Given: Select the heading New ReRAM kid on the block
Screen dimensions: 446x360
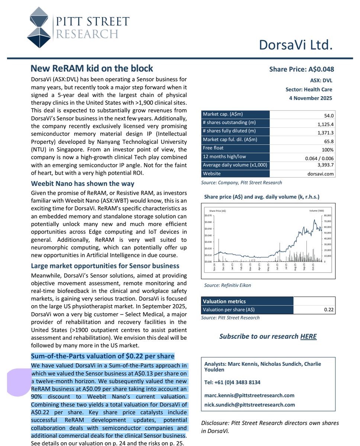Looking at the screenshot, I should tap(91, 69).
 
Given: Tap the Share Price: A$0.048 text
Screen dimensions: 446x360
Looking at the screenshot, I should tap(302, 69).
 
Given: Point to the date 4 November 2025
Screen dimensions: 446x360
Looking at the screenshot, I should tap(311, 98).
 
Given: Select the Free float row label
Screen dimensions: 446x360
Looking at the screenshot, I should tap(213, 148).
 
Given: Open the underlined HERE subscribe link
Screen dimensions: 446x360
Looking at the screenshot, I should tap(308, 336).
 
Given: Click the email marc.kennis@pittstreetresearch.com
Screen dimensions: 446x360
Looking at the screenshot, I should tap(249, 395).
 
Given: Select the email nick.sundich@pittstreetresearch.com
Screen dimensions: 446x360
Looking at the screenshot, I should tap(250, 405).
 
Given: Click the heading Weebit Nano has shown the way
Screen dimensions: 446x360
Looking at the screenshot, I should tap(83, 184).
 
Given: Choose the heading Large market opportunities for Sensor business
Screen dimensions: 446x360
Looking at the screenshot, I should tap(105, 266).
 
